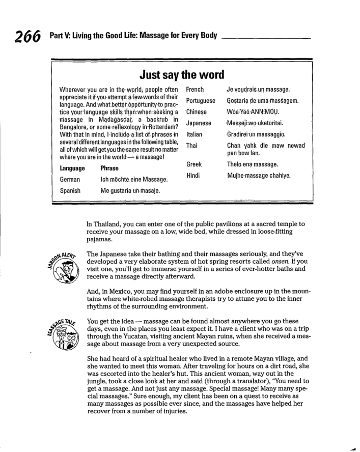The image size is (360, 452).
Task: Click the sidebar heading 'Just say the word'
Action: tap(180, 75)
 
